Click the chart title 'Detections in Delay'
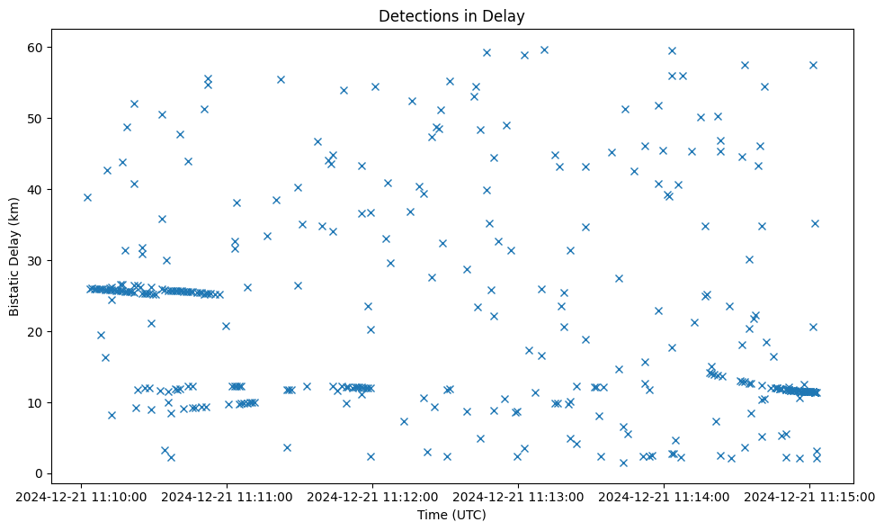451,15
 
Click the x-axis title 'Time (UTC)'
451,515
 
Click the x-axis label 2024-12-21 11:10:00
82,496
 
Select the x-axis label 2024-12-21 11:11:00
228,496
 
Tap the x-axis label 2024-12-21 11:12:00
373,496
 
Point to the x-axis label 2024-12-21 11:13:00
519,496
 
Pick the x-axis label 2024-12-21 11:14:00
665,496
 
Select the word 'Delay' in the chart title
507,15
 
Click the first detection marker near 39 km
87,197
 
